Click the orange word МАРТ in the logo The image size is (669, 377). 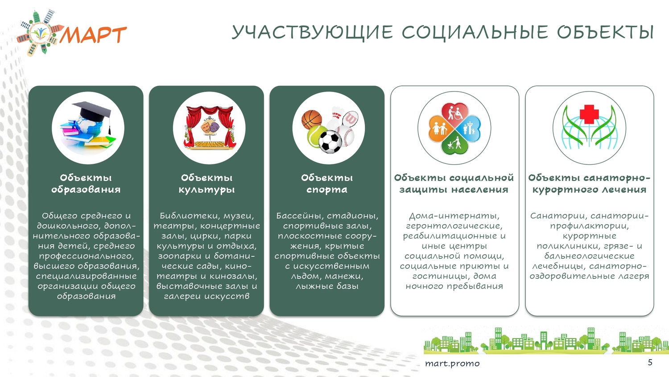click(x=94, y=35)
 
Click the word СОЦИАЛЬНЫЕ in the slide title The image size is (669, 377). click(x=475, y=32)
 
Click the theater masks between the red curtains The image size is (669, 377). click(x=210, y=126)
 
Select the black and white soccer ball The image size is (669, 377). click(x=330, y=142)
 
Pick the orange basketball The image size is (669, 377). click(x=311, y=119)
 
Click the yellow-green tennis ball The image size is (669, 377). click(x=317, y=136)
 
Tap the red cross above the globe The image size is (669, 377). click(x=589, y=114)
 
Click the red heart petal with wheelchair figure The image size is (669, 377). click(x=454, y=113)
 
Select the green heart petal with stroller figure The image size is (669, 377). click(x=454, y=143)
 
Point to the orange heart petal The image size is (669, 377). click(x=439, y=129)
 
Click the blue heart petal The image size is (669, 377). click(x=470, y=129)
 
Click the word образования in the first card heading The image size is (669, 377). click(x=86, y=190)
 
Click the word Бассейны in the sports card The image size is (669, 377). click(x=300, y=216)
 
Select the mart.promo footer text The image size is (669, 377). click(x=452, y=364)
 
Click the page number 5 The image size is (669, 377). click(x=650, y=362)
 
